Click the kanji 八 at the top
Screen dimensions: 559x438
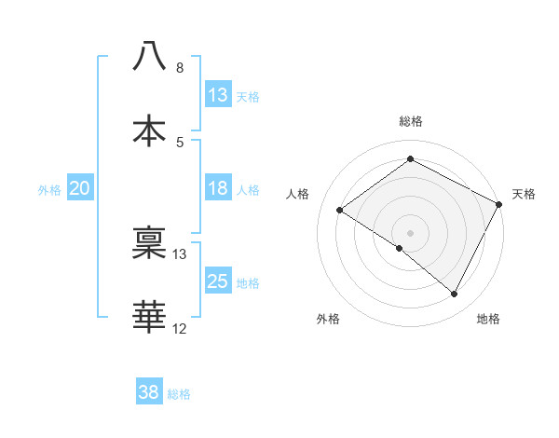tap(149, 56)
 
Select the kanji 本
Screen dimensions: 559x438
tap(149, 130)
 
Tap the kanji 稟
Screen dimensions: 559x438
tap(149, 243)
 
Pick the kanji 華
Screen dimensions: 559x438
tap(149, 317)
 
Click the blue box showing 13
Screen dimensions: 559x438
tap(218, 94)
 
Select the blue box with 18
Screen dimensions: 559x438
tap(218, 188)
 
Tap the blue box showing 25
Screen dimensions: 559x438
tap(218, 281)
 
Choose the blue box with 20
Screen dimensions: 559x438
tap(80, 188)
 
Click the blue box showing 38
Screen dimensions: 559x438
tap(149, 392)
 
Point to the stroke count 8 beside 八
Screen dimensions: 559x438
tap(180, 68)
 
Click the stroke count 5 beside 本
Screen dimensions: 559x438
tap(180, 142)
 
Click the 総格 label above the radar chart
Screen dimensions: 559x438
tap(411, 121)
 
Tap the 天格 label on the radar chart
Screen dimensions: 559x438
tap(525, 194)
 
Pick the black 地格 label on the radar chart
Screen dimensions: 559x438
tap(488, 319)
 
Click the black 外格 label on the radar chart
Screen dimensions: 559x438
tap(328, 319)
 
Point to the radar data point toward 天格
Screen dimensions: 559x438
tap(499, 203)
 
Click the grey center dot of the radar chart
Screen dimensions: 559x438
tap(410, 232)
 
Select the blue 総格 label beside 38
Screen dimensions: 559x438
tap(179, 394)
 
